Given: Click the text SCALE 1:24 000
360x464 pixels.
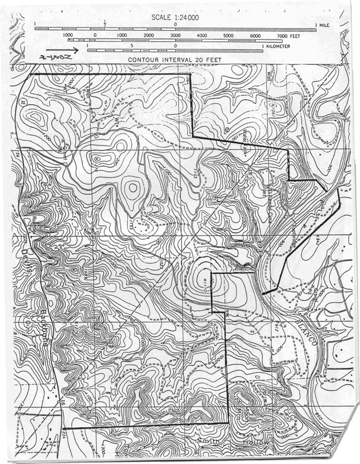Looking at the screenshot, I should (175, 18).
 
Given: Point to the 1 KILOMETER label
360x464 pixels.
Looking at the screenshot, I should (276, 46).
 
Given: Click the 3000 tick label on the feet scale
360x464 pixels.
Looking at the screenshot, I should (175, 36).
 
